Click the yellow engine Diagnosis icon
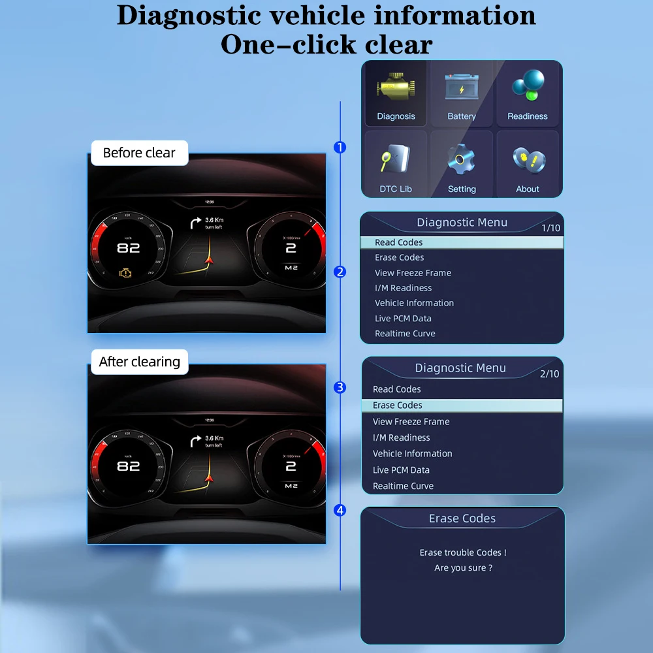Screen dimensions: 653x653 tap(395, 89)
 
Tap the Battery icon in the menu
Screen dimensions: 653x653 tap(462, 88)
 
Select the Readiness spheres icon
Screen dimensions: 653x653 tap(528, 88)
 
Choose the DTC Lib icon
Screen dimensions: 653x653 tap(395, 160)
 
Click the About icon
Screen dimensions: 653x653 tap(528, 160)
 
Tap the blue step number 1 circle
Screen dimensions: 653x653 tap(340, 148)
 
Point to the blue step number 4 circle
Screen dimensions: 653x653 tap(340, 510)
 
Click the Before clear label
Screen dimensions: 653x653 tap(139, 153)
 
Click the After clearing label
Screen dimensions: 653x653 tap(139, 362)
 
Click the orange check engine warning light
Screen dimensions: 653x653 tap(125, 273)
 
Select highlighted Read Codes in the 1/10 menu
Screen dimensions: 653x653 tap(399, 242)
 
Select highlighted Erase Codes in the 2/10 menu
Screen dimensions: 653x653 tap(397, 406)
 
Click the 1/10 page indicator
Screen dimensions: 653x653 tap(550, 228)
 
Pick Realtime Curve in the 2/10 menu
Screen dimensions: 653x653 tap(403, 486)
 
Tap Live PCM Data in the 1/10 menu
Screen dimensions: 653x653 tap(403, 318)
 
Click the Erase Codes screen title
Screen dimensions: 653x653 tap(462, 518)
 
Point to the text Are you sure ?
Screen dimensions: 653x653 tap(463, 568)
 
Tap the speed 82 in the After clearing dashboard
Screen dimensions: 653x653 tap(129, 466)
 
